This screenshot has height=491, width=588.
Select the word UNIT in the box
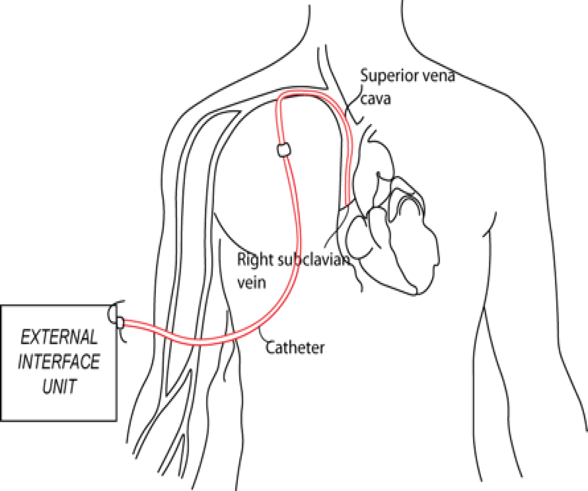coord(59,386)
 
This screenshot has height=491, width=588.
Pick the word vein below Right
coord(251,282)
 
